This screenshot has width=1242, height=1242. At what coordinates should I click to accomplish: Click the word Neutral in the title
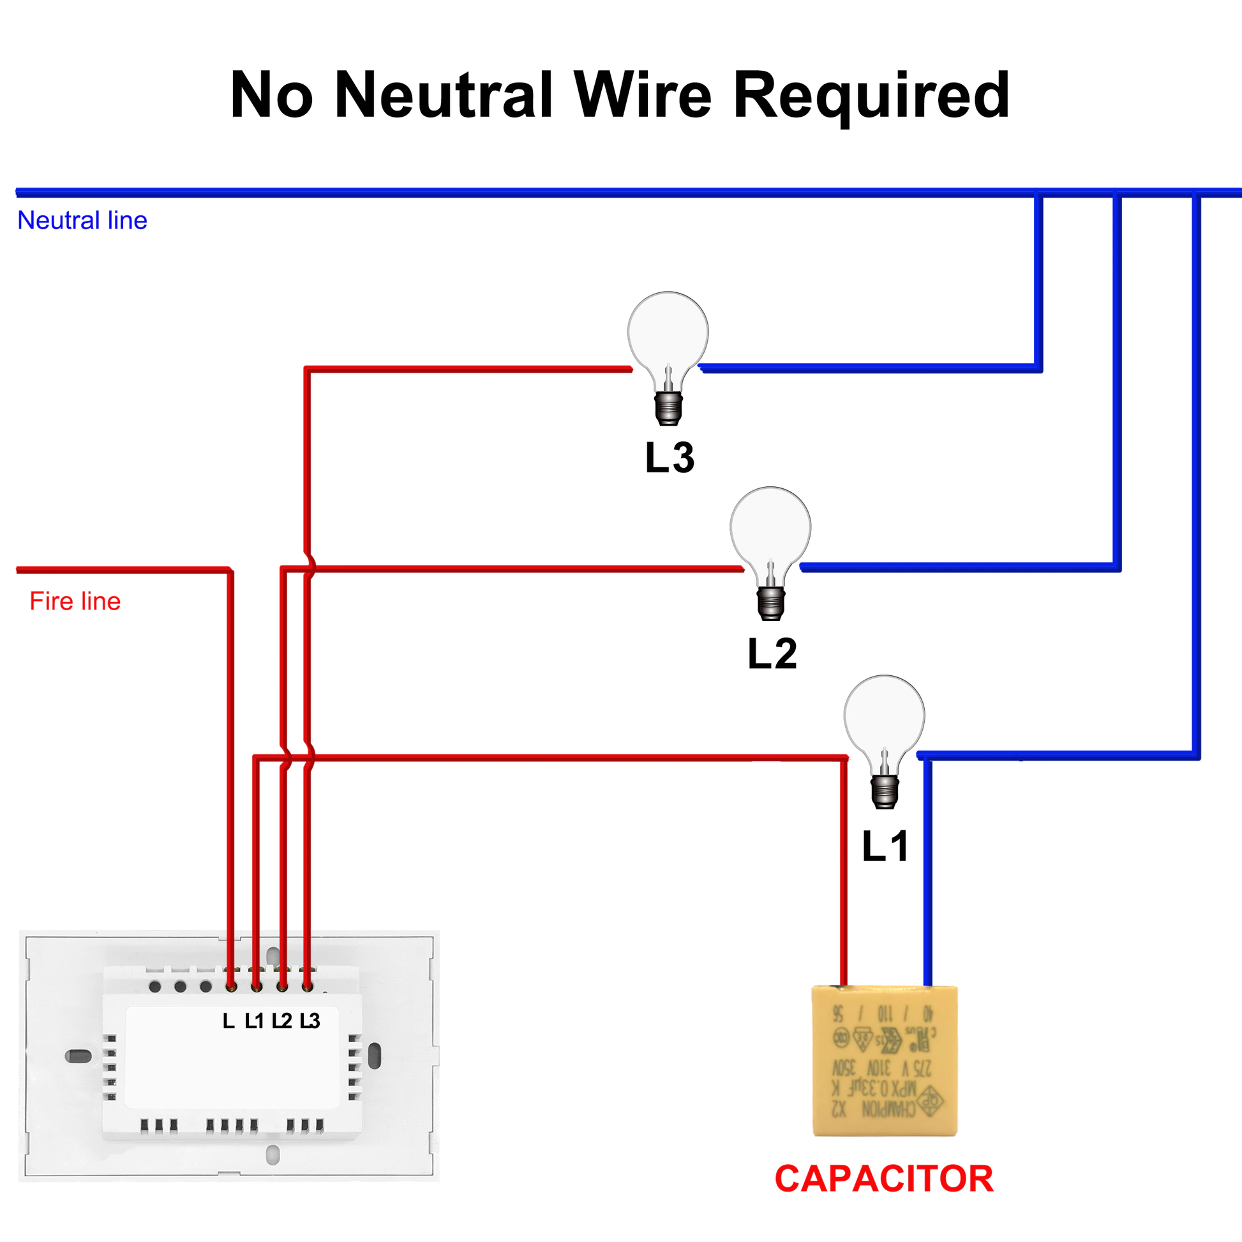(443, 95)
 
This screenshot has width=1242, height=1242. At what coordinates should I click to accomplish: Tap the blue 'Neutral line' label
(82, 220)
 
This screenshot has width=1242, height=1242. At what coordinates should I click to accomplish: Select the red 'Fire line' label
(75, 601)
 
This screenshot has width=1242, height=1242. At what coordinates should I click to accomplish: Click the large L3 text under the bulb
(670, 458)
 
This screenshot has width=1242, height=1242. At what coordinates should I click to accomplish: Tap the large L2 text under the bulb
(772, 654)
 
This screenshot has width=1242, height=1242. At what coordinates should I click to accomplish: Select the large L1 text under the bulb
(885, 846)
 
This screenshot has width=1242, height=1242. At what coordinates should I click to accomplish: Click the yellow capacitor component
(885, 1061)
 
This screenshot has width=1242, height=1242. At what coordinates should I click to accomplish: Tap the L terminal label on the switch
(228, 1021)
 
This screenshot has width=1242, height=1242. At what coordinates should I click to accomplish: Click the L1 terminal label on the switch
(254, 1021)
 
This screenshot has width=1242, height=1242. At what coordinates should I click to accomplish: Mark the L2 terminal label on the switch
(281, 1021)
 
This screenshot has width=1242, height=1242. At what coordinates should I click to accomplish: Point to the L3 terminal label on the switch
(310, 1021)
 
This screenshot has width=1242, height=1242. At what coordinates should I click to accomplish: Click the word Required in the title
(871, 95)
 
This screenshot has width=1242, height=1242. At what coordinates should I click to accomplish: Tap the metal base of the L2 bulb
(770, 602)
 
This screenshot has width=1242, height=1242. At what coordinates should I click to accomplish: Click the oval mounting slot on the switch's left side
(79, 1056)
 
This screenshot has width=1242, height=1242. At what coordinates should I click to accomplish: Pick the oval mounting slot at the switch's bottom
(273, 1155)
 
